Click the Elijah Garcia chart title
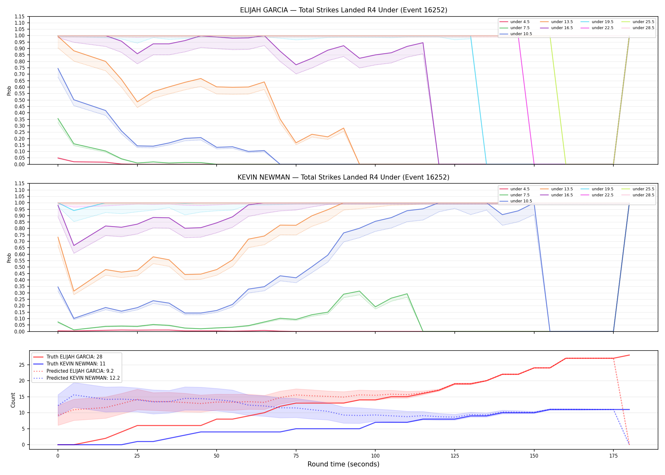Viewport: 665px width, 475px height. click(344, 10)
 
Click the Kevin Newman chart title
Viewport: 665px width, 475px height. click(344, 177)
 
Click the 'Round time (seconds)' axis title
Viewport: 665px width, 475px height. click(344, 464)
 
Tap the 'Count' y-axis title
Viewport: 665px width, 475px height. click(13, 400)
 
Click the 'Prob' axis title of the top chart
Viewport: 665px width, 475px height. click(9, 91)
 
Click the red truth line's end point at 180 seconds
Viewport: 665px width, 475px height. click(629, 355)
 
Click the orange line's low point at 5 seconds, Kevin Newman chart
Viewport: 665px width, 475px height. click(74, 291)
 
